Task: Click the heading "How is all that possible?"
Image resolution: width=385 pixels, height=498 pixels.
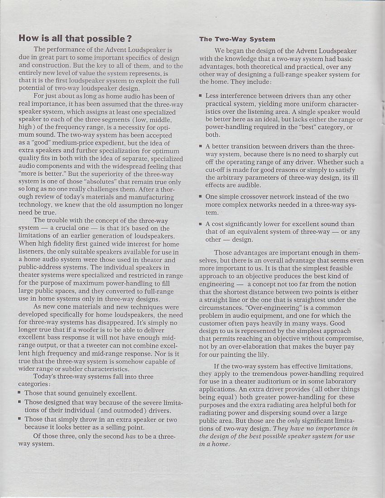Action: click(75, 38)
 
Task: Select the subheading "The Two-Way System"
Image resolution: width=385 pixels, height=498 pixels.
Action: click(237, 39)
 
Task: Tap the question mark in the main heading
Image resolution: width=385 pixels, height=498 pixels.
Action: click(129, 38)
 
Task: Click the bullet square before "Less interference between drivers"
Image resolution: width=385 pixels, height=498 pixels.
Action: click(200, 96)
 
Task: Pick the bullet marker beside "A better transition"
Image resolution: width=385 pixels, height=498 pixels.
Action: click(200, 147)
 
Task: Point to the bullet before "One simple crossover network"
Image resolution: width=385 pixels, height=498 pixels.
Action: click(200, 197)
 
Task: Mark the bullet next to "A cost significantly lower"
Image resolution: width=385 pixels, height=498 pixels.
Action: click(200, 224)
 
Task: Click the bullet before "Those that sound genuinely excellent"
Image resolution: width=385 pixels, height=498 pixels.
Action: click(20, 393)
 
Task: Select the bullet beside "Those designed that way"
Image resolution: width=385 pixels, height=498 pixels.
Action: click(20, 402)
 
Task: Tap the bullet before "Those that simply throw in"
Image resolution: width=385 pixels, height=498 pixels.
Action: click(20, 419)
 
